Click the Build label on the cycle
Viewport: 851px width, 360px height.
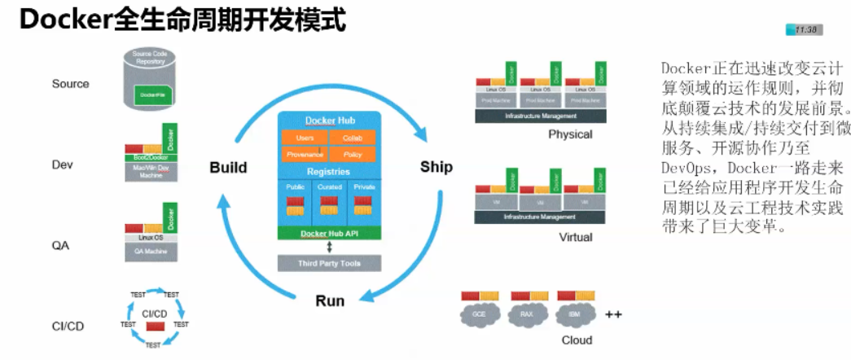pyautogui.click(x=228, y=168)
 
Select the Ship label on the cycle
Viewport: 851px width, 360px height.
pyautogui.click(x=436, y=167)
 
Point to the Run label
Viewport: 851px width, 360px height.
pyautogui.click(x=330, y=301)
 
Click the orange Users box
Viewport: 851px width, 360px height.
pyautogui.click(x=305, y=138)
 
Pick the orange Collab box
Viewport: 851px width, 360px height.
pyautogui.click(x=353, y=138)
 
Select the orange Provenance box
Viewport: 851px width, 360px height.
pyautogui.click(x=305, y=154)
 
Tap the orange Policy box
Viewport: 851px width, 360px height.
pyautogui.click(x=353, y=154)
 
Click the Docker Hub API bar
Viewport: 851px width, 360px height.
pyautogui.click(x=330, y=234)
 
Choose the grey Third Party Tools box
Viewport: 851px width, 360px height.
pyautogui.click(x=330, y=263)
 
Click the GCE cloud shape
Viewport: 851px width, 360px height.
pyautogui.click(x=479, y=314)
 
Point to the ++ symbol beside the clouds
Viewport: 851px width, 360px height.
pyautogui.click(x=613, y=314)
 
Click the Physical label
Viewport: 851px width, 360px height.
pyautogui.click(x=570, y=134)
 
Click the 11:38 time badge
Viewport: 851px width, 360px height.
pyautogui.click(x=804, y=29)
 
